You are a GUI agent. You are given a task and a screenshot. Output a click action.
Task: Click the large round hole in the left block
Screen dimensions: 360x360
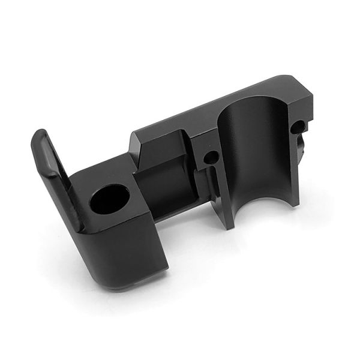click(x=110, y=201)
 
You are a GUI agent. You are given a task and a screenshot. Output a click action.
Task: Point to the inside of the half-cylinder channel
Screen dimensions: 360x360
click(x=252, y=150)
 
